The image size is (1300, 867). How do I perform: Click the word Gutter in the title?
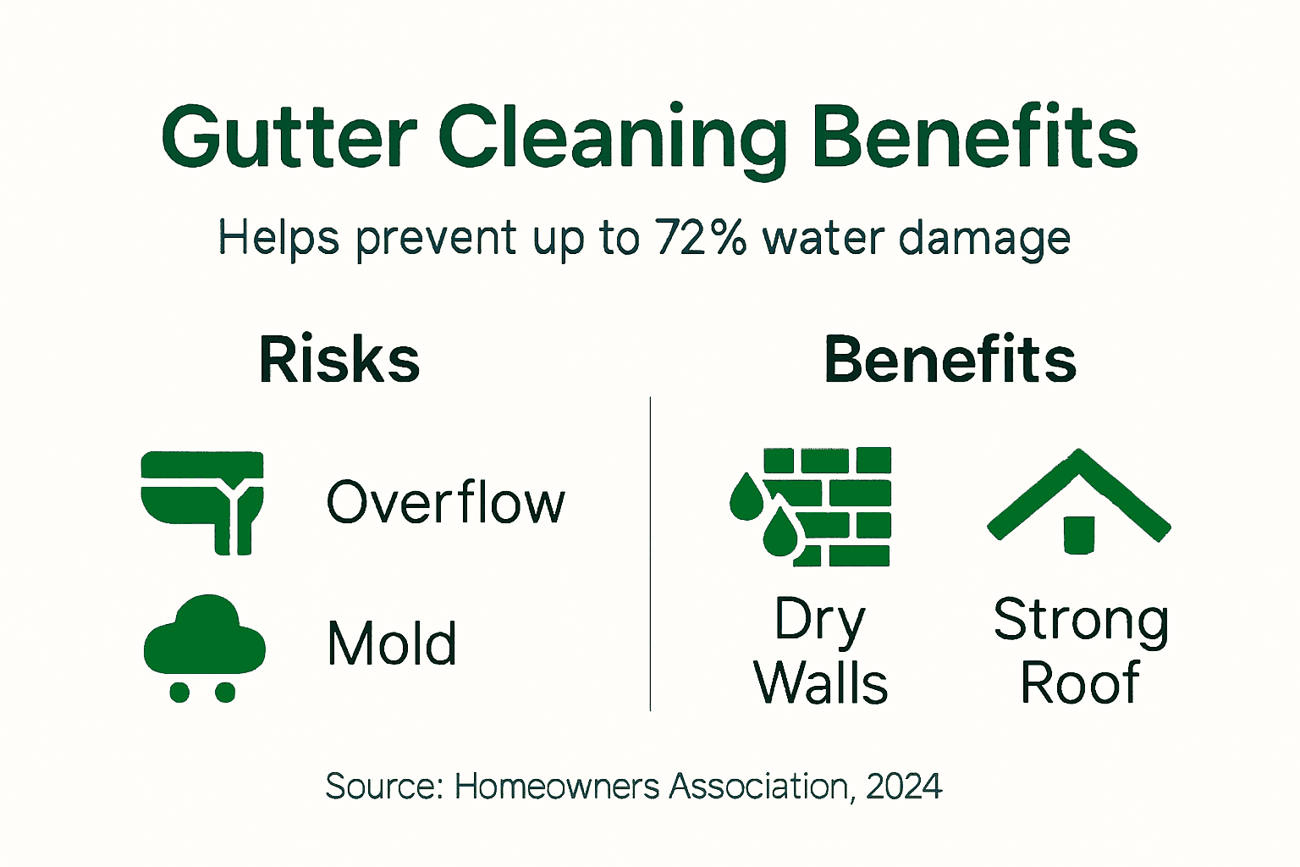click(289, 137)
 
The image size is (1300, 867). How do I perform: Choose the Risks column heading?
click(339, 360)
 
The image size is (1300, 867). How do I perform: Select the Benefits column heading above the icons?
click(950, 360)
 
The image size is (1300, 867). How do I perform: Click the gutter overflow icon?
click(203, 501)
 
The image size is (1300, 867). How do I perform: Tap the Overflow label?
click(445, 503)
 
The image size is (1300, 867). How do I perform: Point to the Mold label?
click(392, 644)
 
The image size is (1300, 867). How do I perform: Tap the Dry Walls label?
click(820, 650)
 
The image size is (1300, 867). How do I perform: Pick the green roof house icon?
click(1078, 501)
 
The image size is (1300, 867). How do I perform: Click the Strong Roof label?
click(1081, 650)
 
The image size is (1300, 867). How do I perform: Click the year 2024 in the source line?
click(904, 787)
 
